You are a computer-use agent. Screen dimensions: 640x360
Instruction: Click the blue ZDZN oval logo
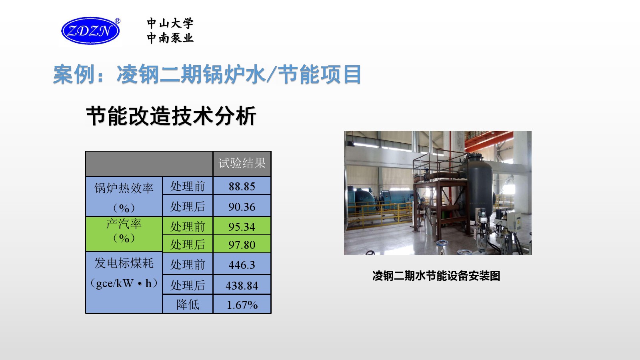point(90,30)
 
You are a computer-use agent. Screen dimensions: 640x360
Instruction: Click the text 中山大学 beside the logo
point(170,23)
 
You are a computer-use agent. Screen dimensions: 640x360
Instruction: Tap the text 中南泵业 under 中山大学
point(170,38)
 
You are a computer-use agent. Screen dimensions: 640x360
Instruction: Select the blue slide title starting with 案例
point(207,74)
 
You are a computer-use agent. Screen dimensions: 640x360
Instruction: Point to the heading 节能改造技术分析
point(171,116)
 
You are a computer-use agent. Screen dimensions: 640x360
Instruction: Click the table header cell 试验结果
point(242,164)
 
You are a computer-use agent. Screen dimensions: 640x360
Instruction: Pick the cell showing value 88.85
point(242,186)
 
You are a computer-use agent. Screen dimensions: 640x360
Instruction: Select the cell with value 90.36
point(242,206)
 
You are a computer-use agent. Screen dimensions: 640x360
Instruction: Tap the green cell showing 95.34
point(242,226)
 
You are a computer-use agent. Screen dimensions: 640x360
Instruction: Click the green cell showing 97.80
point(242,244)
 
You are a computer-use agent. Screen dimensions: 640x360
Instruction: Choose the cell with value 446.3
point(242,264)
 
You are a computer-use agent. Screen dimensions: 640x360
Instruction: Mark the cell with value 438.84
point(242,285)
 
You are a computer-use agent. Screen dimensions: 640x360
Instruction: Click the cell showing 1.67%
point(242,304)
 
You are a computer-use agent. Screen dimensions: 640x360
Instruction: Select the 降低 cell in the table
point(188,304)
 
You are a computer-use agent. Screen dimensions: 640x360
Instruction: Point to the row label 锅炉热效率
point(124,188)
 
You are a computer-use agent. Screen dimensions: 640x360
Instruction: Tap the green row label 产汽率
point(124,224)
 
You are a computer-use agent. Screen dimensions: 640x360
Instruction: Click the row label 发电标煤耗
point(124,263)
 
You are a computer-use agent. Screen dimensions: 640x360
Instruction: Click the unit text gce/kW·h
point(124,283)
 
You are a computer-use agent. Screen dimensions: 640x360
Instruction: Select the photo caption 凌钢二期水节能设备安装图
point(436,276)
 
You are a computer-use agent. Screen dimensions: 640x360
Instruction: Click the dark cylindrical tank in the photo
point(478,186)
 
